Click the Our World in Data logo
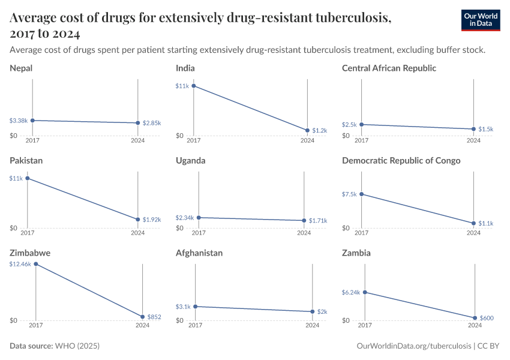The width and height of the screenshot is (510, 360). [x=481, y=20]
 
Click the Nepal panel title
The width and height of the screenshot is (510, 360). [x=21, y=68]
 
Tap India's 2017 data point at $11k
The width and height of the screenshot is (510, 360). [x=193, y=86]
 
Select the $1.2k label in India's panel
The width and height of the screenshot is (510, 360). [x=319, y=130]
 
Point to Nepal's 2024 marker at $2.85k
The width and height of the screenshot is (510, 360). [x=138, y=123]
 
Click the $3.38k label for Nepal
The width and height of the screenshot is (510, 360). [x=18, y=121]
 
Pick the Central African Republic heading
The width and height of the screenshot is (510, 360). [x=389, y=68]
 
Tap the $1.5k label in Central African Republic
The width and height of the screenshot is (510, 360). [x=486, y=129]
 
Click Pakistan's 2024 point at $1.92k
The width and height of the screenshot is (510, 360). [x=138, y=220]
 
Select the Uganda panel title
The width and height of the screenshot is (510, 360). [x=191, y=161]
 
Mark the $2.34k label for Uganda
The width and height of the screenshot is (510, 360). [x=185, y=218]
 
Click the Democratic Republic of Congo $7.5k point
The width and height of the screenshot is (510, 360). [x=361, y=194]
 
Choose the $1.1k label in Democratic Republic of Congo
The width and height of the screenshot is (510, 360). [x=486, y=223]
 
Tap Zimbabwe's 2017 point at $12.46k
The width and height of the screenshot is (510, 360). [x=36, y=264]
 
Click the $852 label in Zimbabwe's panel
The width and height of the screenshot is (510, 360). [x=154, y=317]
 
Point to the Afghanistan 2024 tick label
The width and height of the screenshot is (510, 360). [x=313, y=326]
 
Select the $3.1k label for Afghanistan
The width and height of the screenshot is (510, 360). [x=184, y=307]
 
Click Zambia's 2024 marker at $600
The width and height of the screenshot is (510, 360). [x=475, y=318]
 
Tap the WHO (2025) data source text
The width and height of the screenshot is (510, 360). [x=77, y=346]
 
